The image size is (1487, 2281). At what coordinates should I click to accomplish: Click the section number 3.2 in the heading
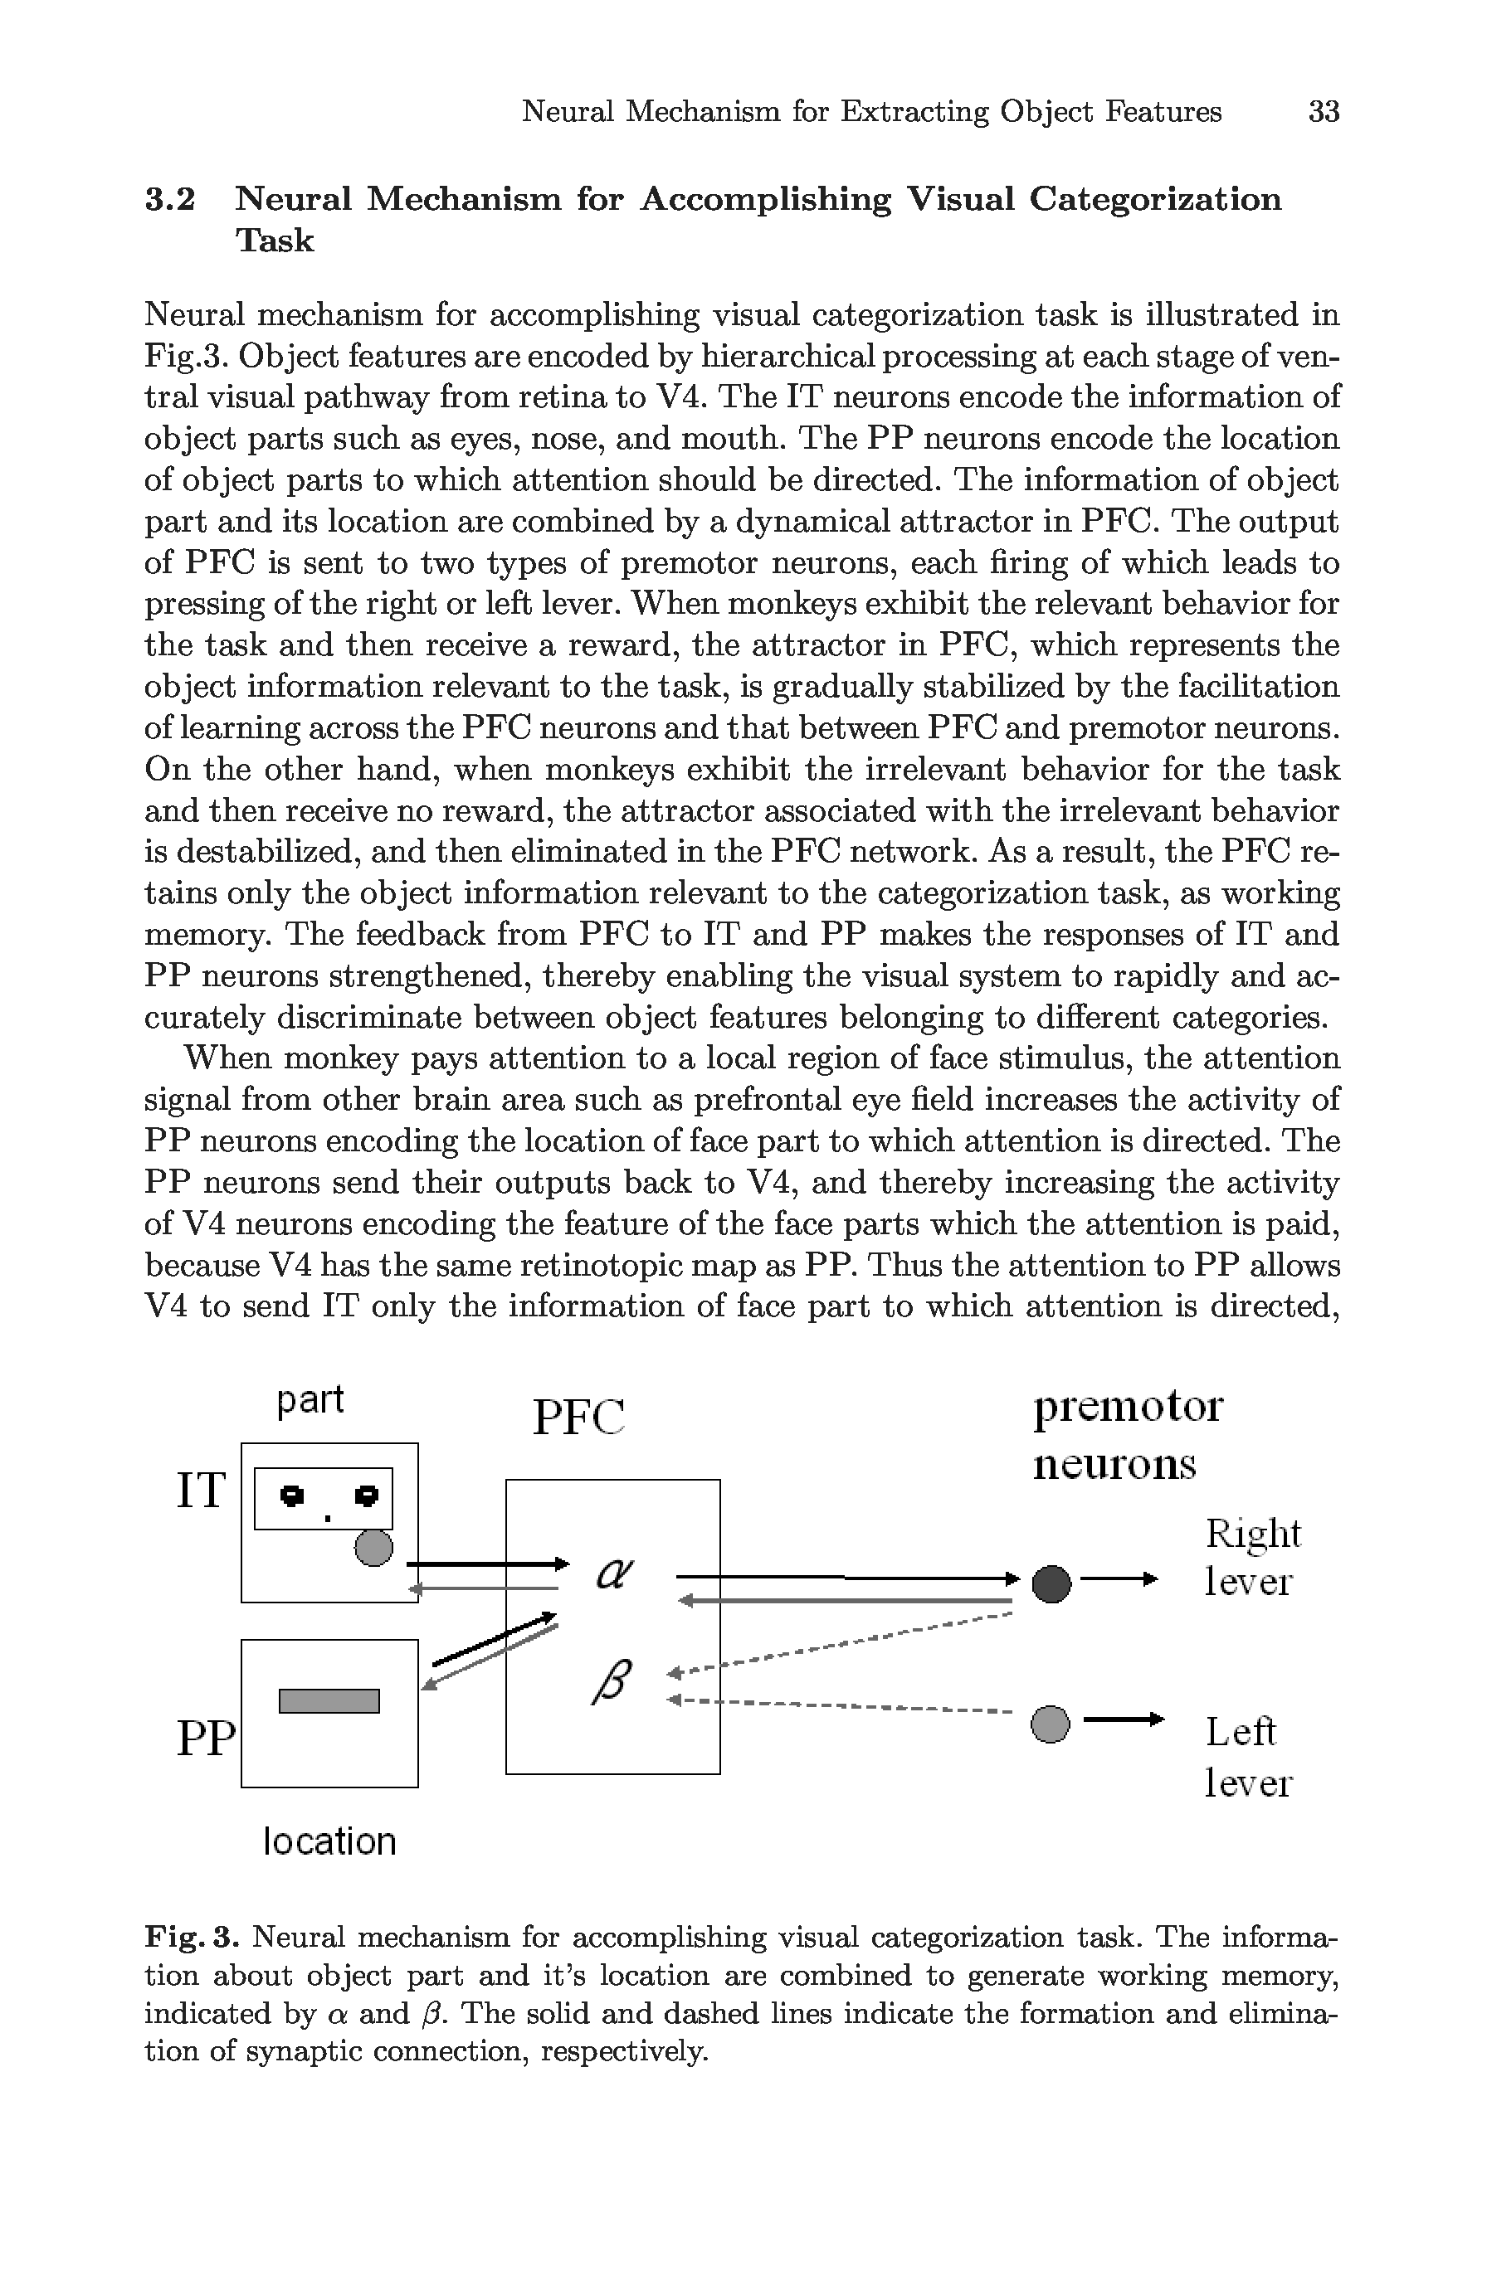pos(170,199)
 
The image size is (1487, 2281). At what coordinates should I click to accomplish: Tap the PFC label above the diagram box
pos(578,1418)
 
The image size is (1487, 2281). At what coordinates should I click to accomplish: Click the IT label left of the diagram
pos(200,1491)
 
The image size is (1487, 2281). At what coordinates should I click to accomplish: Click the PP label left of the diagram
pos(205,1738)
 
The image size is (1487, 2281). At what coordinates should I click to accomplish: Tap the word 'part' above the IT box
pos(310,1400)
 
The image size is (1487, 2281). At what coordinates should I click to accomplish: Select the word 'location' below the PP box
pos(329,1841)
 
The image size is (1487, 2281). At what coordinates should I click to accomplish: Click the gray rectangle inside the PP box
pos(329,1700)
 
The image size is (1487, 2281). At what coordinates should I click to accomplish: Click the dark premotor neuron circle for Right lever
pos(1051,1583)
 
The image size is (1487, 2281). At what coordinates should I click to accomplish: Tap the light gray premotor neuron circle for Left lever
pos(1050,1724)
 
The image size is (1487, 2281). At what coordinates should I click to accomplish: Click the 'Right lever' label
pos(1251,1558)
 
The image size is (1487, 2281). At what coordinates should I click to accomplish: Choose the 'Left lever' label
pos(1247,1757)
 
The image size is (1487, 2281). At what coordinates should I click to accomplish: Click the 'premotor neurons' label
pos(1127,1436)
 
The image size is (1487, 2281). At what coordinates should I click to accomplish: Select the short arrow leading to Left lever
pos(1123,1719)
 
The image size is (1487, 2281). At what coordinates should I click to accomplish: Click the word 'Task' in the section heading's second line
pos(274,241)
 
